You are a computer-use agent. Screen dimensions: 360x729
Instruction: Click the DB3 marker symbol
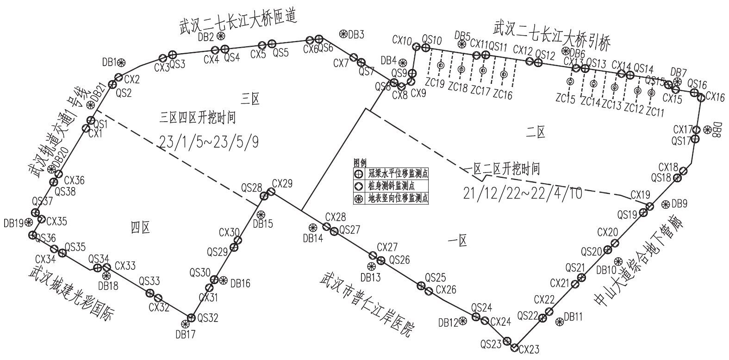pyautogui.click(x=343, y=34)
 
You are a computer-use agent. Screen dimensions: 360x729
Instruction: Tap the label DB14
pyautogui.click(x=313, y=238)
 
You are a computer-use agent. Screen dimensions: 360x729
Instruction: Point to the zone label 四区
pyautogui.click(x=140, y=228)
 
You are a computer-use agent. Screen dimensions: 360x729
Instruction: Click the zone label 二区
pyautogui.click(x=536, y=133)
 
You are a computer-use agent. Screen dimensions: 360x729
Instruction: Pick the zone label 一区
pyautogui.click(x=458, y=240)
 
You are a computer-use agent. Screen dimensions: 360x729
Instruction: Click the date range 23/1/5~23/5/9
pyautogui.click(x=209, y=141)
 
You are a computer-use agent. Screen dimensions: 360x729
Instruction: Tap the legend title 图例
pyautogui.click(x=360, y=163)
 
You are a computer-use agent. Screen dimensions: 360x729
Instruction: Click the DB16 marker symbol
pyautogui.click(x=224, y=280)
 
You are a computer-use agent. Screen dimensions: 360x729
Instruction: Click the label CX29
pyautogui.click(x=282, y=183)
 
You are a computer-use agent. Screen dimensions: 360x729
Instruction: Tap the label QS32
pyautogui.click(x=207, y=318)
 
